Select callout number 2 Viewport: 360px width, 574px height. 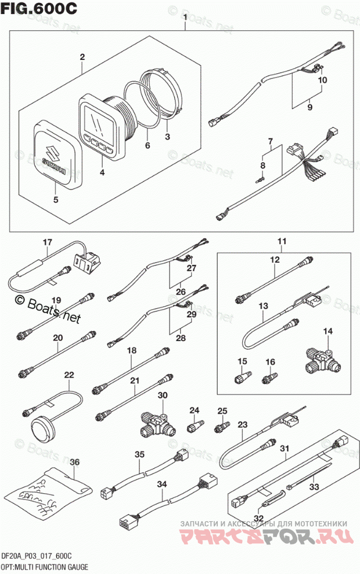tap(82, 57)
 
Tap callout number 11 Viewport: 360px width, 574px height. tap(281, 241)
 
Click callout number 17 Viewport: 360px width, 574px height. tap(47, 242)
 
